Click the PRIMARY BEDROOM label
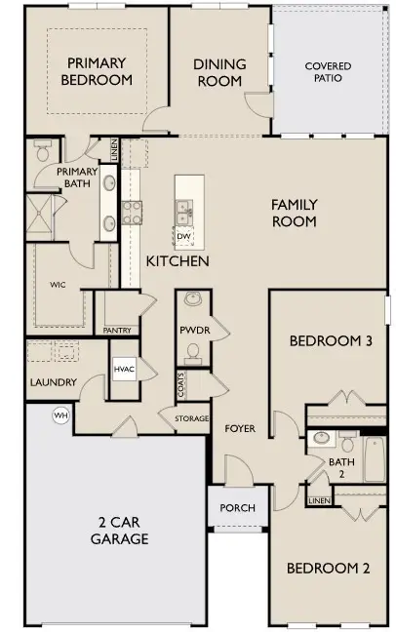point(96,71)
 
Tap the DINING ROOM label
point(219,72)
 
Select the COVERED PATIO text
point(328,72)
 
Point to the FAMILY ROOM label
point(294,213)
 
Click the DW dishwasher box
point(183,236)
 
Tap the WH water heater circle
point(60,415)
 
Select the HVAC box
point(124,370)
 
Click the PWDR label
point(192,331)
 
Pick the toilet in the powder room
point(192,300)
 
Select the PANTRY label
point(117,330)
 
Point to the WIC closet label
point(58,285)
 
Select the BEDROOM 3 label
point(331,341)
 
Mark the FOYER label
point(240,428)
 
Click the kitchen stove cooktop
point(132,212)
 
